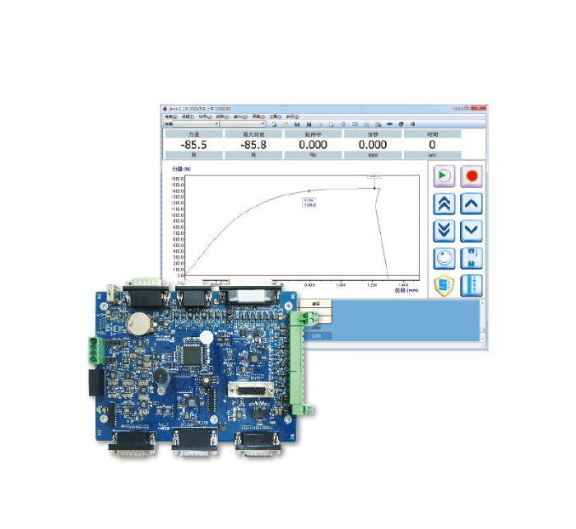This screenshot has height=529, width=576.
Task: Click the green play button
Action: click(x=444, y=176)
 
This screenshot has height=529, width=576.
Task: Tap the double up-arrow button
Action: click(x=444, y=204)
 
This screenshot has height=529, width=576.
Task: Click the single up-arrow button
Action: click(x=471, y=204)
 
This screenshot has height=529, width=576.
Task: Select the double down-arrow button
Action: click(x=444, y=231)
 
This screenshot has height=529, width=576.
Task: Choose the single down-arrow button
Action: click(x=471, y=231)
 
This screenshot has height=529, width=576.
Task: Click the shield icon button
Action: click(x=444, y=286)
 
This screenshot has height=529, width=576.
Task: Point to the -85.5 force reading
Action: click(x=194, y=144)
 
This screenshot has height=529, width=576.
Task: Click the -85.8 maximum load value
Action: click(x=253, y=144)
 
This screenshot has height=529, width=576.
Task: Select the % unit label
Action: click(x=313, y=155)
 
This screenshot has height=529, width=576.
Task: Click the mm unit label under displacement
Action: click(x=373, y=155)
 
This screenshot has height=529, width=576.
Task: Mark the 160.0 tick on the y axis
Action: click(x=178, y=179)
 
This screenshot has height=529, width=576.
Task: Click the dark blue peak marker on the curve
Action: click(x=375, y=188)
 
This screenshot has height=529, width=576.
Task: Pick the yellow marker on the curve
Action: click(x=309, y=191)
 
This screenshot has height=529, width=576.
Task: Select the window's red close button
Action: click(x=479, y=108)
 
